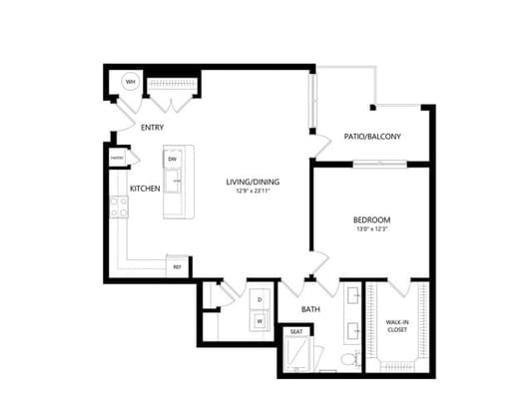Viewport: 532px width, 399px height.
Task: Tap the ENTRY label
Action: point(153,128)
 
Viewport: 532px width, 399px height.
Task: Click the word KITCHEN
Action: point(146,188)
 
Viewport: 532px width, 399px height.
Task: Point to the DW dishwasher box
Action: point(173,159)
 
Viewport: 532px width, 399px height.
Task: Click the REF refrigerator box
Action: point(178,266)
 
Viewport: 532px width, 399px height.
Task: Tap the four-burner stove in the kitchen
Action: point(119,206)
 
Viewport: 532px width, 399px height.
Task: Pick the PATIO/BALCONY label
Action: point(372,137)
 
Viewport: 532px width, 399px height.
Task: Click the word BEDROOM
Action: point(371,219)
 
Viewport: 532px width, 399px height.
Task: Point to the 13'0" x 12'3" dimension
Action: point(371,229)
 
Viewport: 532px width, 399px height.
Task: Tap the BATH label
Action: point(311,309)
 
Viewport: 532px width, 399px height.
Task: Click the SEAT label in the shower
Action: point(296,332)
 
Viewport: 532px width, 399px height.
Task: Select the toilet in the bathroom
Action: point(348,358)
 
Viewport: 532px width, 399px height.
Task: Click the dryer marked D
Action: point(260,299)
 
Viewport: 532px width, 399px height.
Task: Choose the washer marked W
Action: point(260,321)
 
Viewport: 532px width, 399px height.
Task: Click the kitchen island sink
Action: point(174,182)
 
